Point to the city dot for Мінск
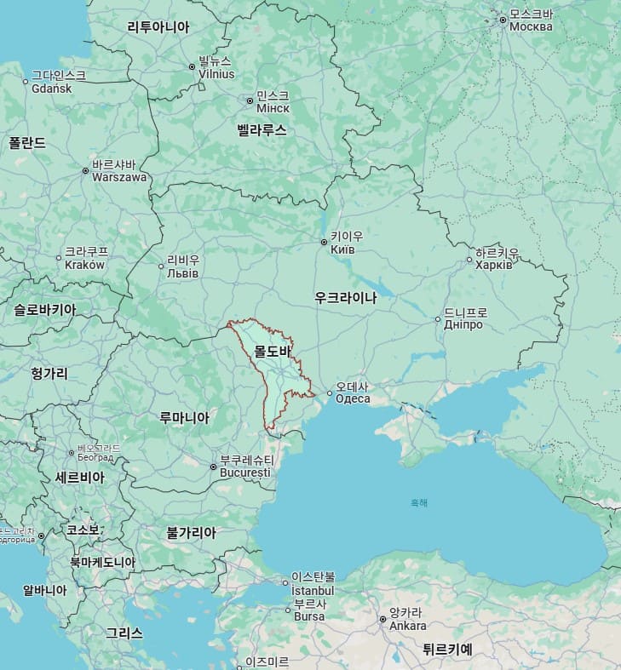(x=250, y=100)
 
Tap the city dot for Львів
(x=161, y=266)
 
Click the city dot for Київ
(x=324, y=243)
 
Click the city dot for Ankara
(x=382, y=619)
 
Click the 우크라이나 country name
(x=345, y=298)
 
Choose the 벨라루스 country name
(x=262, y=130)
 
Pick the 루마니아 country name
(x=184, y=417)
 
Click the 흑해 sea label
(x=419, y=502)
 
